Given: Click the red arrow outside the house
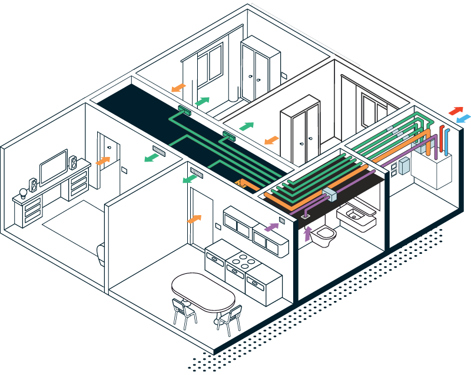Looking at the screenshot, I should (x=456, y=110).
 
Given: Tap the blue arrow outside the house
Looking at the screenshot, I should (x=463, y=119).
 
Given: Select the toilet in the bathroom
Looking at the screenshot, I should (x=324, y=235).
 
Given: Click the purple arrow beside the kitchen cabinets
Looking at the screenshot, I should (x=271, y=226).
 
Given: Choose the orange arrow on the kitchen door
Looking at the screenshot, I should (x=194, y=219).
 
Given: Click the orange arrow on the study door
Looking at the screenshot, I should (x=102, y=160).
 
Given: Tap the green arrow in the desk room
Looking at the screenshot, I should (x=152, y=158).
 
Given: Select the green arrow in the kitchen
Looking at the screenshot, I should (x=189, y=178).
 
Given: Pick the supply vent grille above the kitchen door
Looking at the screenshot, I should (x=196, y=174).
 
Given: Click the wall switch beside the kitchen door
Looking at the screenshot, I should (x=217, y=226).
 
